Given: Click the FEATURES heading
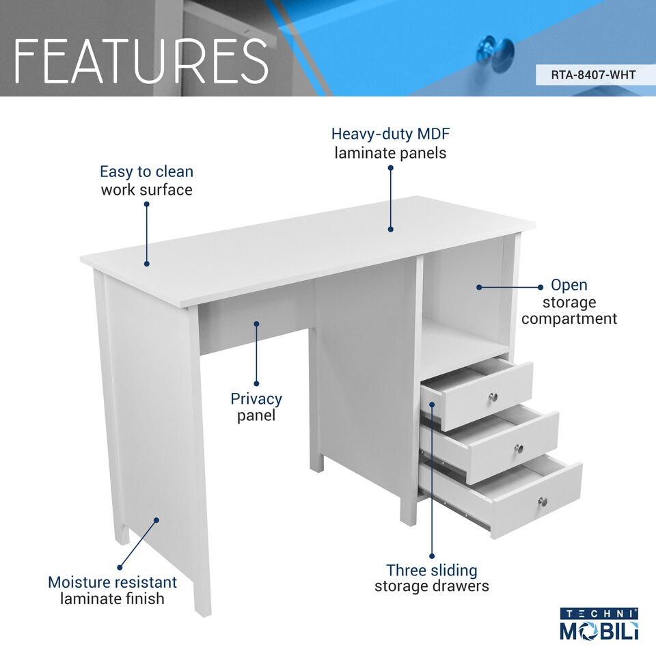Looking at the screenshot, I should click(141, 61).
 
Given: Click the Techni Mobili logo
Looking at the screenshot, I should click(599, 624).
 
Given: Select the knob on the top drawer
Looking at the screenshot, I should click(493, 396).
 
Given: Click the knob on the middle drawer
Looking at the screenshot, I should click(519, 448).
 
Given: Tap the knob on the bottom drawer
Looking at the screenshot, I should click(543, 502).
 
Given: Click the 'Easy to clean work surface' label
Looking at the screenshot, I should click(146, 180).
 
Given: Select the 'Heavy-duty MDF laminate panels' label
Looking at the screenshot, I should click(390, 143).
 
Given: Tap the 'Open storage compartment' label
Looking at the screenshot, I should click(569, 302).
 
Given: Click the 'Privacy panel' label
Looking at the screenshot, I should click(256, 407).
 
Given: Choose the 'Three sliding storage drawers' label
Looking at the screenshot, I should click(432, 578).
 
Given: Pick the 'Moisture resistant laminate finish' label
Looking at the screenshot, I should click(112, 590).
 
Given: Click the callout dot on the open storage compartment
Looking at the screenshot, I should click(479, 287).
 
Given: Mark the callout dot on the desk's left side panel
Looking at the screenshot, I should click(156, 520).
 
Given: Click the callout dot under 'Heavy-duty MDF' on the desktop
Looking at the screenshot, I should click(391, 230).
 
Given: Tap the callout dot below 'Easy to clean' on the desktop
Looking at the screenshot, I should click(146, 264).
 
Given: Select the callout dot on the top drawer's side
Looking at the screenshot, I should click(432, 405).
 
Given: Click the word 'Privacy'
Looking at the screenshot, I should click(256, 398).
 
